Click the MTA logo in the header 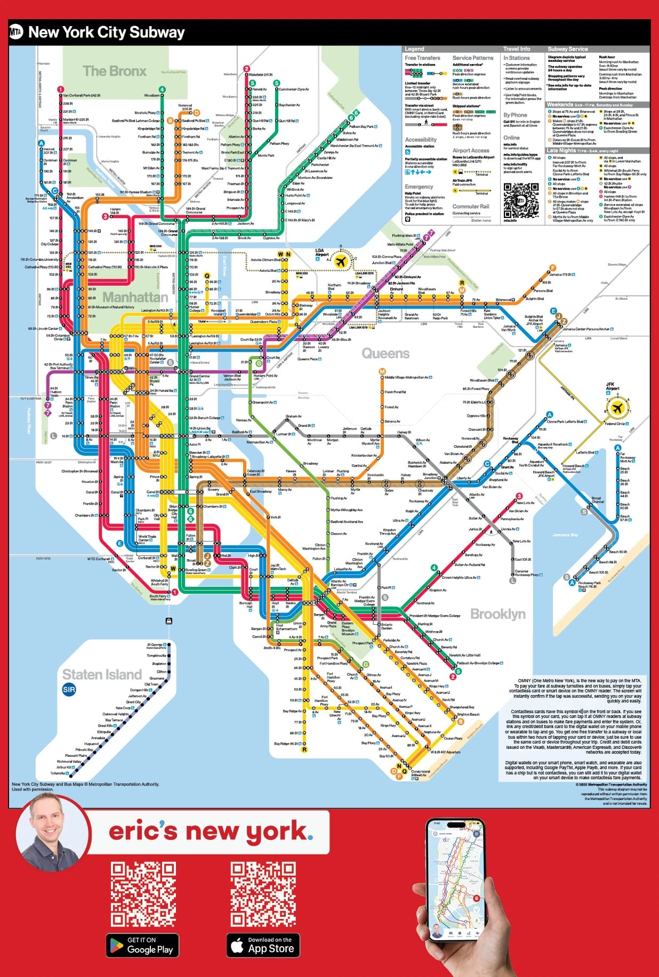(16, 33)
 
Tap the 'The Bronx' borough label (114, 71)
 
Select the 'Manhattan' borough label (135, 297)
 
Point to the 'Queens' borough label (385, 353)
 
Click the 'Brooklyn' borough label (497, 614)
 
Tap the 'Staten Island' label (102, 674)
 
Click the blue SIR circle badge (69, 690)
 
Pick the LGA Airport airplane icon (341, 261)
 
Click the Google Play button (142, 945)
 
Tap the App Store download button (262, 945)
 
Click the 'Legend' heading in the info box (414, 49)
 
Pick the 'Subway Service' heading (567, 49)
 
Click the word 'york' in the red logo (276, 831)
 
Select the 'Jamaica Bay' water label (565, 535)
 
